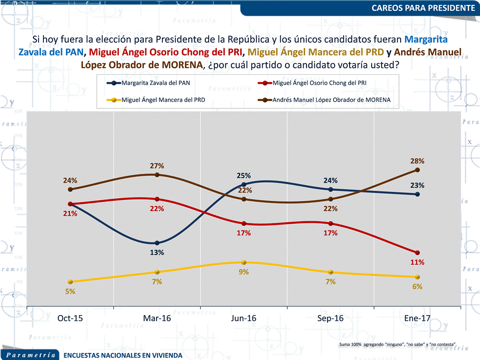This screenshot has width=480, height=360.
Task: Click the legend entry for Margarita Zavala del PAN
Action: (158, 82)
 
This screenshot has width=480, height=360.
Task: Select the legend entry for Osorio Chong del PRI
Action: (320, 82)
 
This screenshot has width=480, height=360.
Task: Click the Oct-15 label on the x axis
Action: (70, 319)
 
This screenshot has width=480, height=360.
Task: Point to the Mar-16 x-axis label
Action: (157, 319)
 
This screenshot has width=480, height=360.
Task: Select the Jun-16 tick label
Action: (244, 319)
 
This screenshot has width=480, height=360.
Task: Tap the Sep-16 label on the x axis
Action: (330, 319)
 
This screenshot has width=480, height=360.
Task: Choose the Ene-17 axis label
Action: (417, 319)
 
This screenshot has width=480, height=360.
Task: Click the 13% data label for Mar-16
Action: (157, 252)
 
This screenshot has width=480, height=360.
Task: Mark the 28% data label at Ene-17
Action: (417, 161)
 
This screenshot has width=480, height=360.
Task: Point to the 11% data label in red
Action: (417, 262)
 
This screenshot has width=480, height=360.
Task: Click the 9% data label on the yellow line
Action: (244, 272)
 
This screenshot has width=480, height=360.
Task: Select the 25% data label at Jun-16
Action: (244, 175)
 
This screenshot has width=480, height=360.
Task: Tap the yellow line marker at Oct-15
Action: (70, 282)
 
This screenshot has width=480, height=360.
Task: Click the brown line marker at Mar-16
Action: (157, 175)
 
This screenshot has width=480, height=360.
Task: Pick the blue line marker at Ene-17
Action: (417, 194)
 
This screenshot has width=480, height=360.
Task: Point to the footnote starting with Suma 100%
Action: (397, 344)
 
